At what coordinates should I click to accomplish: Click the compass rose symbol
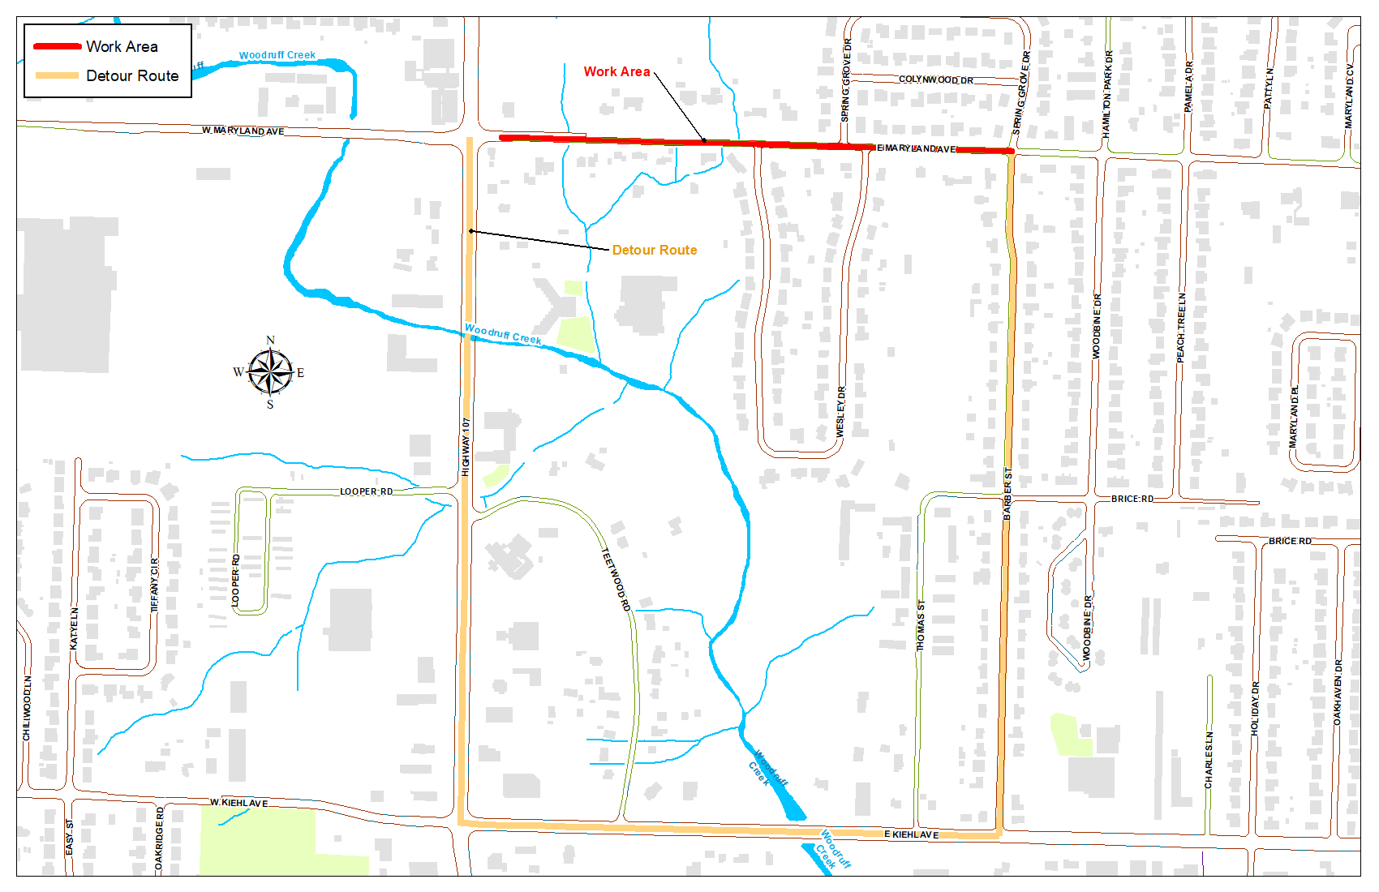click(x=270, y=372)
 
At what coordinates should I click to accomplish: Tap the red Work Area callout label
click(x=616, y=71)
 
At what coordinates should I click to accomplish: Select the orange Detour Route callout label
click(x=654, y=250)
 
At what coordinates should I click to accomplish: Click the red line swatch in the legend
click(x=57, y=46)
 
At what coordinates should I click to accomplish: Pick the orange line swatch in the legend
click(x=57, y=75)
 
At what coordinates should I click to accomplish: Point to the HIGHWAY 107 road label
click(x=466, y=447)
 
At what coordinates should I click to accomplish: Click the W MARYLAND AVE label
click(x=243, y=131)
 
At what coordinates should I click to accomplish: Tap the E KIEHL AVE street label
click(x=911, y=834)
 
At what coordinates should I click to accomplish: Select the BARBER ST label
click(x=1007, y=493)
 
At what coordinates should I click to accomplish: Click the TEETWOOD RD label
click(x=616, y=580)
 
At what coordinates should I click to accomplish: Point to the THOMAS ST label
click(x=921, y=625)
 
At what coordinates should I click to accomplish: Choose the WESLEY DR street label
click(x=840, y=412)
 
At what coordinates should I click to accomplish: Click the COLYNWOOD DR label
click(x=935, y=79)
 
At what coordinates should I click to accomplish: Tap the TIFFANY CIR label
click(x=155, y=584)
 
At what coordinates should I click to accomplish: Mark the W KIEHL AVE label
click(x=238, y=803)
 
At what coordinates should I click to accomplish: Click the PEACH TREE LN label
click(x=1181, y=328)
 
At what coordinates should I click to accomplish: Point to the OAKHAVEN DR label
click(x=1338, y=692)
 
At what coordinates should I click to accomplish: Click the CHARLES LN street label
click(x=1209, y=760)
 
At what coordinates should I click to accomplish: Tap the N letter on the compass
click(x=270, y=340)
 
